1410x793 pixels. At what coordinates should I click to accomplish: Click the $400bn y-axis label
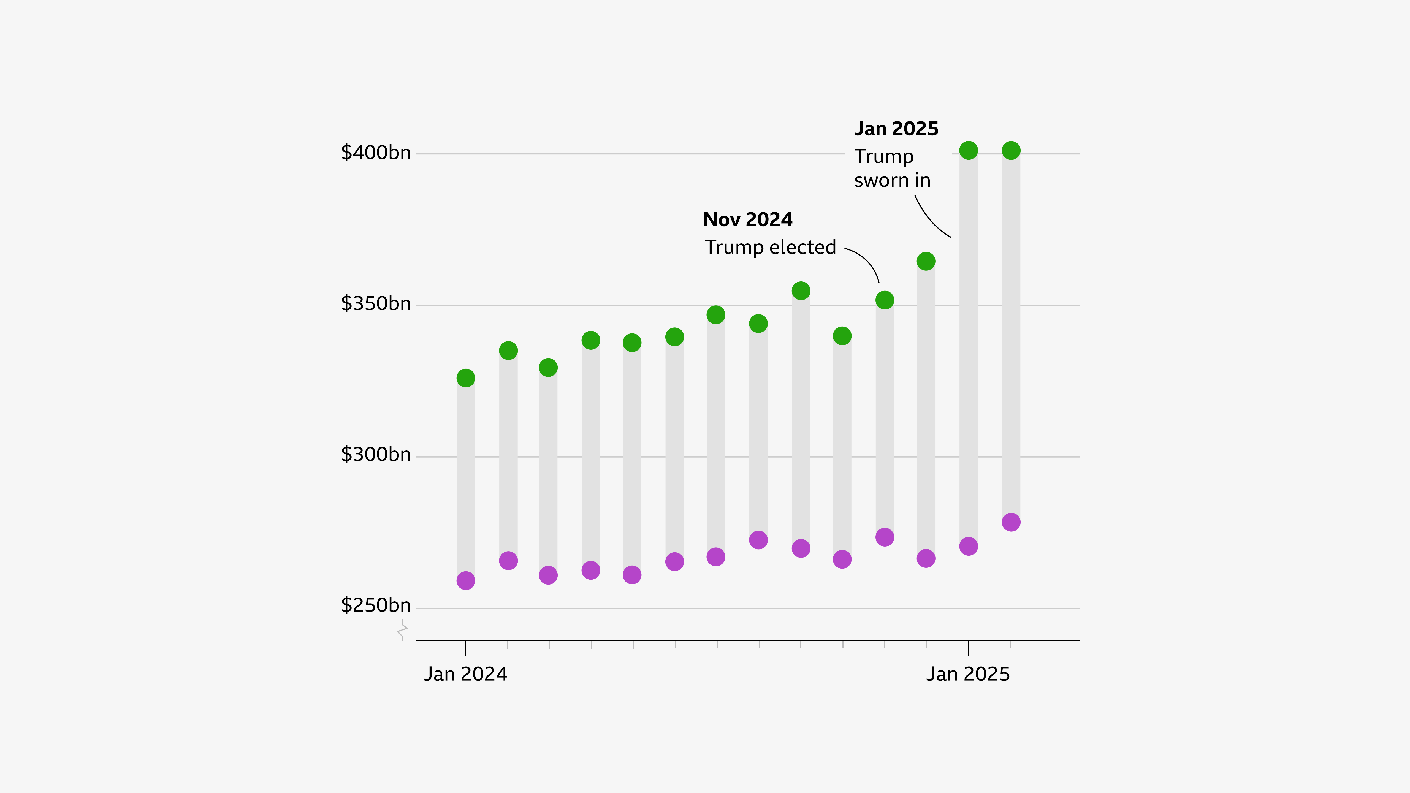click(375, 153)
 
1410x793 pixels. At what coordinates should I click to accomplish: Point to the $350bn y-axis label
click(375, 304)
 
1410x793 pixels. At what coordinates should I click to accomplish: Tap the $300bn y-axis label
click(375, 455)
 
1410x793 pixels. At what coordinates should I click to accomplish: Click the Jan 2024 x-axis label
click(465, 674)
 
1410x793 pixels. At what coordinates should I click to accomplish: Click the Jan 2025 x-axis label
click(968, 674)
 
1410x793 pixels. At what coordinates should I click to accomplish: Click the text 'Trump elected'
click(770, 247)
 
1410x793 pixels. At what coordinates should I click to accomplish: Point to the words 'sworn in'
click(892, 181)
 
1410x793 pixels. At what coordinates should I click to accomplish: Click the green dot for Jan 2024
click(466, 378)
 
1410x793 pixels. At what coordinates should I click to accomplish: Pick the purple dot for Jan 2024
click(466, 581)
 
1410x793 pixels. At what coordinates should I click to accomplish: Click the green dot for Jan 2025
click(968, 151)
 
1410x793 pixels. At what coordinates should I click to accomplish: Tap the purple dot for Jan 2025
click(968, 546)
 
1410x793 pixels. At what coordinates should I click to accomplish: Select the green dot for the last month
click(1011, 151)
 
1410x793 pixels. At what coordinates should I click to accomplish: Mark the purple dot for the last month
click(1011, 522)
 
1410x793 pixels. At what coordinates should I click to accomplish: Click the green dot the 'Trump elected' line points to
click(885, 300)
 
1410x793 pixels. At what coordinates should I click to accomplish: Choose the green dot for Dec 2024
click(926, 262)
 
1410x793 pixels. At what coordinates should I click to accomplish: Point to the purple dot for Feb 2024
click(508, 561)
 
